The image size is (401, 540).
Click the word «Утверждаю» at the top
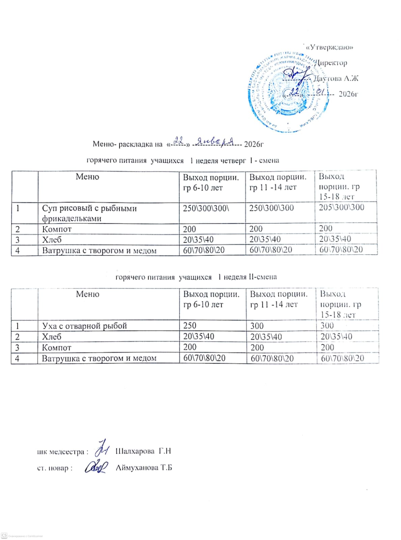pos(330,47)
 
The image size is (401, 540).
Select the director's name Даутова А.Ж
pos(336,79)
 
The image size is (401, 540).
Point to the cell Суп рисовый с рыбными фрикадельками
pos(89,213)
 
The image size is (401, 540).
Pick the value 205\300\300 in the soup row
pos(341,207)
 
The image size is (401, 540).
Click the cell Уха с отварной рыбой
pos(84,326)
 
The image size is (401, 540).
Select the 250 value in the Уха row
pos(190,325)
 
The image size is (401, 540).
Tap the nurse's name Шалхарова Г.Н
pos(143,451)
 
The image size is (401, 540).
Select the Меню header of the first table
pos(87,177)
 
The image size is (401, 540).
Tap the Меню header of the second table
pos(87,294)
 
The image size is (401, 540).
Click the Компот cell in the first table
pos(57,229)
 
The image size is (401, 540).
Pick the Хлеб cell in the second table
pos(52,336)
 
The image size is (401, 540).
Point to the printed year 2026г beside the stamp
pos(348,94)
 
